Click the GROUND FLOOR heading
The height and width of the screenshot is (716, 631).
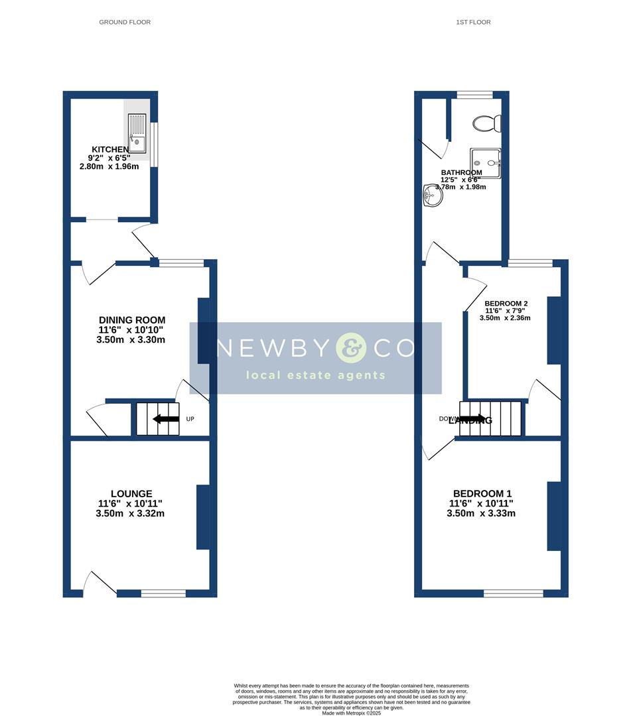(125, 22)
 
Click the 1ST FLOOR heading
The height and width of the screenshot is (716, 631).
(473, 22)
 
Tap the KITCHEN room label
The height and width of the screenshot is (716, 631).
(110, 150)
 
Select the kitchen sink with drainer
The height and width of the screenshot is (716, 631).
(137, 133)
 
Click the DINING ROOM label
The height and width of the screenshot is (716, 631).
(132, 320)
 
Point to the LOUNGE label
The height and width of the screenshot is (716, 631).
(131, 494)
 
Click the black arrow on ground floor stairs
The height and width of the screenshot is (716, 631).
(166, 419)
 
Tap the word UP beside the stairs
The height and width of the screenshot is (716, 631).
(190, 419)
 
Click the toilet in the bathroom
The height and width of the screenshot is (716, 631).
(488, 123)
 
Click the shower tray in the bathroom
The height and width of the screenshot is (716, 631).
(486, 163)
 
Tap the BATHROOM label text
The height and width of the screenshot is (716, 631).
(462, 172)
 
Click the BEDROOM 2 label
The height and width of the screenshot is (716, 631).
(506, 303)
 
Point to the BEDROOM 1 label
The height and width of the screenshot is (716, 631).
(482, 494)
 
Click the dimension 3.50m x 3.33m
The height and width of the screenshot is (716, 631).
(481, 513)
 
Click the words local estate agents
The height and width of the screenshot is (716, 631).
(316, 375)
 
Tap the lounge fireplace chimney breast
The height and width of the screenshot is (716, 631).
(203, 517)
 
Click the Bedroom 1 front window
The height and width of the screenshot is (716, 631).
(513, 593)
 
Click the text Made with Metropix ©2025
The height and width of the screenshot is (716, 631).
(352, 713)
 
